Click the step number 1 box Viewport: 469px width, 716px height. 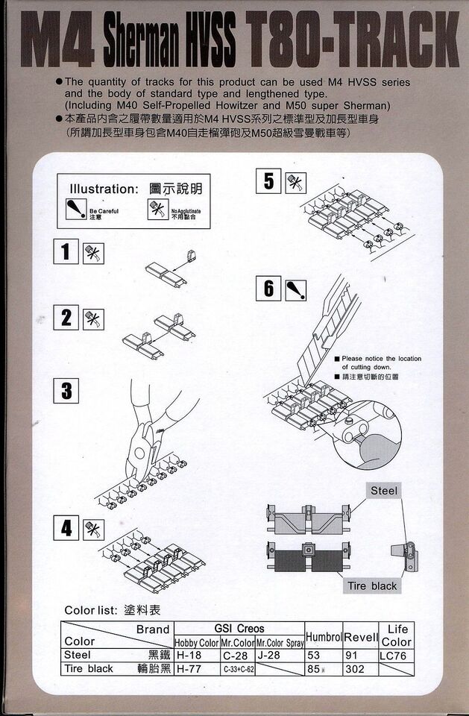[66, 251]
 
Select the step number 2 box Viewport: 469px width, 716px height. [66, 318]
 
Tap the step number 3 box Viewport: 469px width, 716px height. [66, 390]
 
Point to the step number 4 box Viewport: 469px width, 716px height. [66, 529]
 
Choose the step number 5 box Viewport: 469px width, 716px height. [268, 181]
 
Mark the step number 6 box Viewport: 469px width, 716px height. [268, 289]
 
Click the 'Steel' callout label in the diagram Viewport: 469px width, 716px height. [384, 490]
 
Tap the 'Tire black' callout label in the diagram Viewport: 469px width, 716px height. [372, 585]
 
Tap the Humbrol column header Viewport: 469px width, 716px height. [324, 636]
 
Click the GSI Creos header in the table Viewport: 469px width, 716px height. [239, 629]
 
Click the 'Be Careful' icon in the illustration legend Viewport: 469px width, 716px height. [75, 209]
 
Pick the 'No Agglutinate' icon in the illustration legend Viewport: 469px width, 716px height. [158, 209]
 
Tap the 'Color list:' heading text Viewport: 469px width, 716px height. [90, 610]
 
